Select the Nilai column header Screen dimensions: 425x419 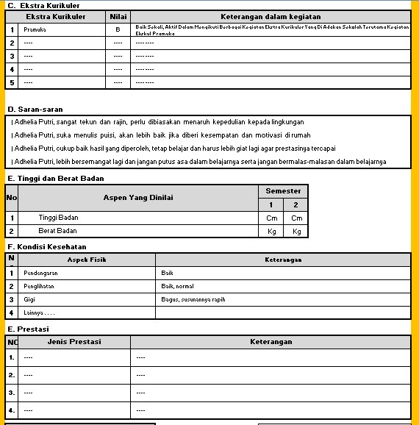[x=118, y=16]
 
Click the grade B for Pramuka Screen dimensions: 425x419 [x=118, y=30]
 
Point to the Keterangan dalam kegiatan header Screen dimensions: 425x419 [x=271, y=16]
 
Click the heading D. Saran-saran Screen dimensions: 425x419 [x=35, y=110]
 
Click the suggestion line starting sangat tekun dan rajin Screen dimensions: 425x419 [x=158, y=122]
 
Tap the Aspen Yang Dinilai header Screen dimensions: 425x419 [x=138, y=197]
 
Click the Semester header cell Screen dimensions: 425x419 [x=283, y=190]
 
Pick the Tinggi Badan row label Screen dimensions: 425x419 [x=58, y=218]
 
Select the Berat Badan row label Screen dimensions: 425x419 [x=57, y=231]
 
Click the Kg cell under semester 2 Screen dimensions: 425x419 [x=296, y=231]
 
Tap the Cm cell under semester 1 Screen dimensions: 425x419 [x=271, y=218]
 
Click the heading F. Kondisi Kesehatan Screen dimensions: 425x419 [x=47, y=247]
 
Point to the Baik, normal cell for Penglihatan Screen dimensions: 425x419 [x=177, y=286]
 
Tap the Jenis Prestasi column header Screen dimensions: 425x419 [x=74, y=342]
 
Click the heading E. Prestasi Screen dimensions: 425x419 [x=28, y=329]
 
